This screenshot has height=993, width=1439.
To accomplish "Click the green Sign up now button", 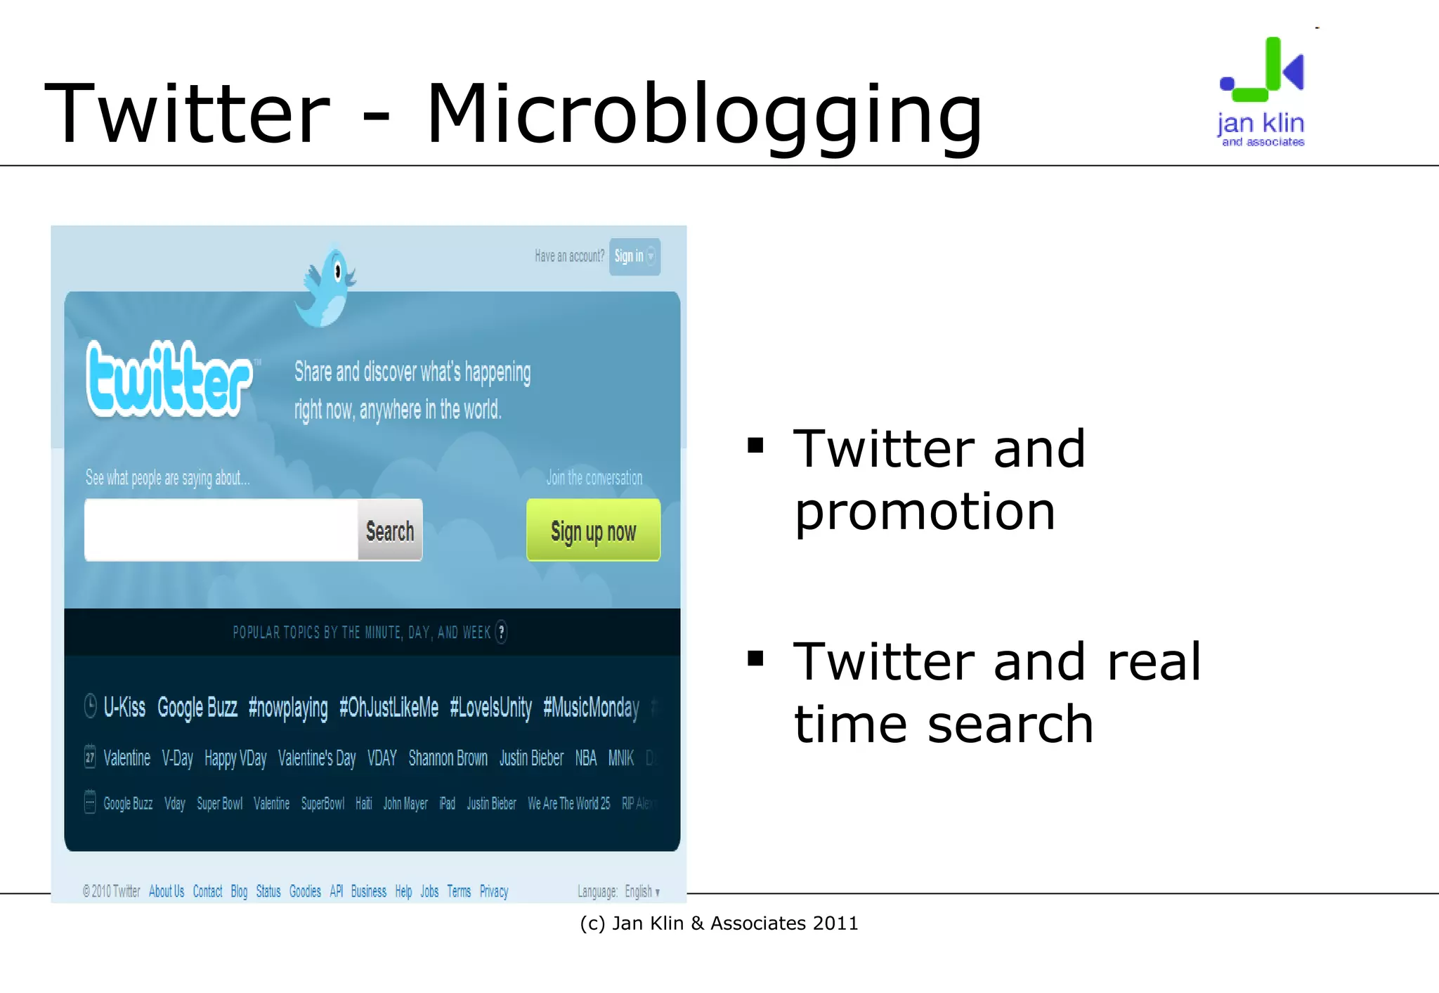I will pyautogui.click(x=593, y=531).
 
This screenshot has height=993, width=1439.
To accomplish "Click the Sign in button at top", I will pyautogui.click(x=634, y=257).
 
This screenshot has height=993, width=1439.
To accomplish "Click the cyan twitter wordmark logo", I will pyautogui.click(x=169, y=379).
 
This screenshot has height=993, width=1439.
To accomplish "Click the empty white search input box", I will pyautogui.click(x=221, y=531).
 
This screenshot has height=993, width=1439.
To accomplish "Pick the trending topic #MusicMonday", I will pyautogui.click(x=591, y=707).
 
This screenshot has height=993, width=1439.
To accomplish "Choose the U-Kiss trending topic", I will pyautogui.click(x=124, y=707).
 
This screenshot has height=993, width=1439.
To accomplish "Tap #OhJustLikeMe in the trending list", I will pyautogui.click(x=389, y=707).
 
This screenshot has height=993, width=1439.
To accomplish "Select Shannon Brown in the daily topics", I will pyautogui.click(x=448, y=758).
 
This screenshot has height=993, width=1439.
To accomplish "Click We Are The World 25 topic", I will pyautogui.click(x=568, y=803).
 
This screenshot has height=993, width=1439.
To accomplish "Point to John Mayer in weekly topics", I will pyautogui.click(x=405, y=803).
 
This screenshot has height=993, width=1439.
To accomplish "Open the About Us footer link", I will pyautogui.click(x=167, y=892).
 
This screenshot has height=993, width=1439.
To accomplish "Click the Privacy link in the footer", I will pyautogui.click(x=493, y=892).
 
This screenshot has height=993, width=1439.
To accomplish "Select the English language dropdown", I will pyautogui.click(x=642, y=892).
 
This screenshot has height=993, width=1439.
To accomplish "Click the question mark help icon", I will pyautogui.click(x=501, y=632).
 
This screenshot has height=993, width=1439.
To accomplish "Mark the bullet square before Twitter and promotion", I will pyautogui.click(x=755, y=446).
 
